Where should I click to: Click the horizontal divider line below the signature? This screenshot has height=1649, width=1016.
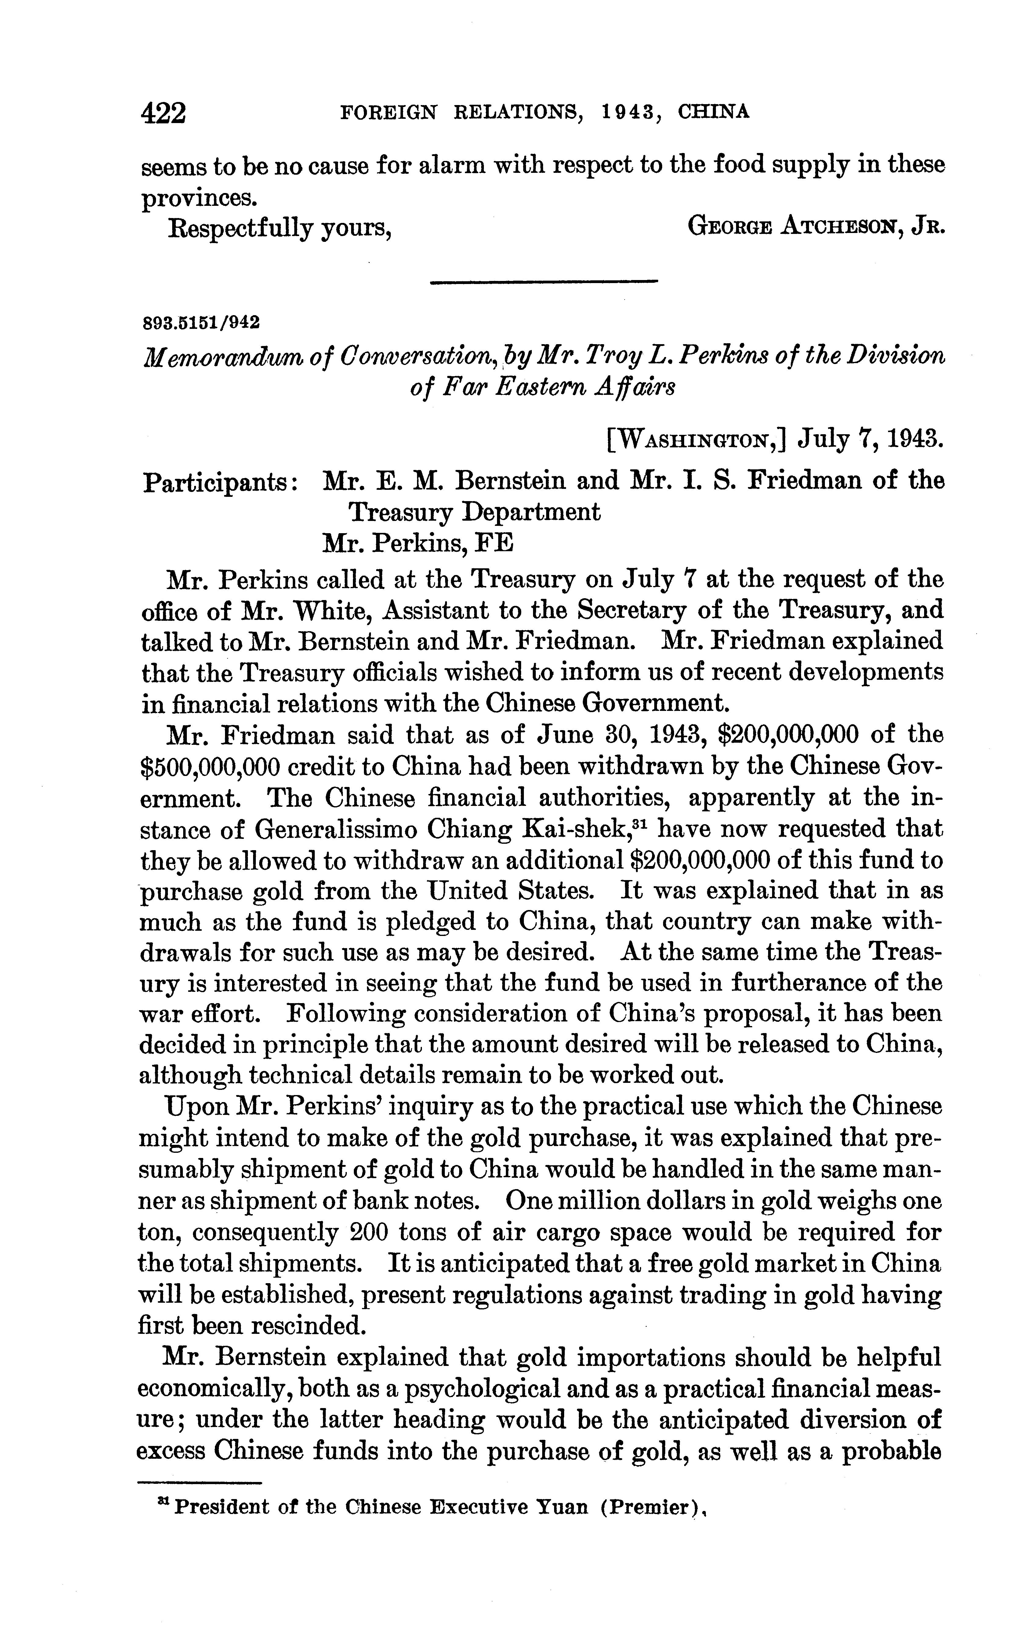[543, 282]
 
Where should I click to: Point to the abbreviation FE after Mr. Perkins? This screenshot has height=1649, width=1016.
[495, 543]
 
